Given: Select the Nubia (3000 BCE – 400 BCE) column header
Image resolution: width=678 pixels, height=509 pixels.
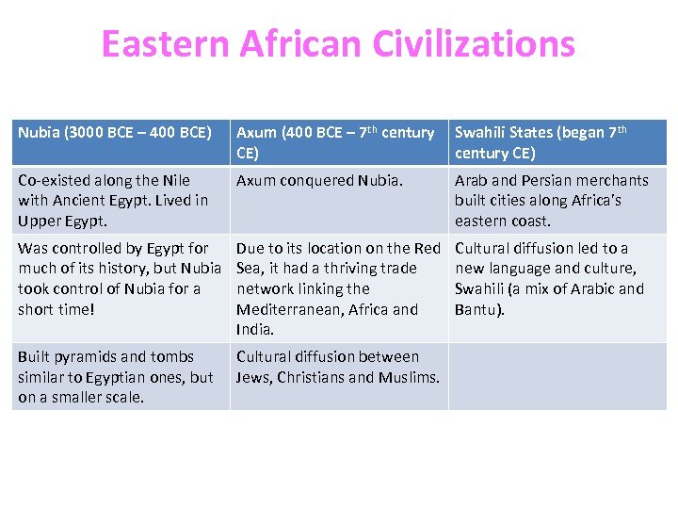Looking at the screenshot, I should click(115, 133).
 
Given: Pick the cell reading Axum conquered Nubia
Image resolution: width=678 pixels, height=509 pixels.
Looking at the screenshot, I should click(319, 180).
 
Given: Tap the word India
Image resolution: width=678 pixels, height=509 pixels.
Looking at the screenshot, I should click(254, 330).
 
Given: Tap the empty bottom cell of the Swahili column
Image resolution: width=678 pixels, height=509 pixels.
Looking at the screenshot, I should click(557, 377).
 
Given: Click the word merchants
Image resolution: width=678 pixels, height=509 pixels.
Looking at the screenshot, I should click(613, 180).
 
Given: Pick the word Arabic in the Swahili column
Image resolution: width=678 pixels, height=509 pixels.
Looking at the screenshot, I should click(593, 288).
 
